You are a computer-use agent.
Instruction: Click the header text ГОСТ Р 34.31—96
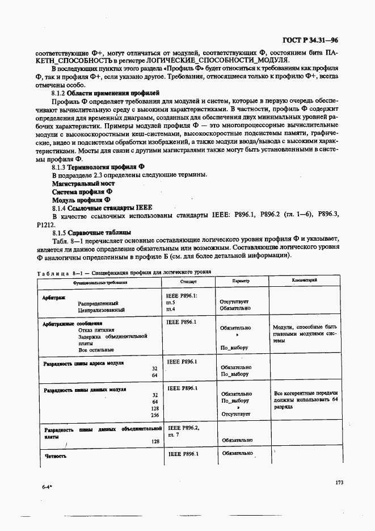click(310, 40)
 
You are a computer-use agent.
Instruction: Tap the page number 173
click(339, 483)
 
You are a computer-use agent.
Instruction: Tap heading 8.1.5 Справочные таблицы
click(92, 233)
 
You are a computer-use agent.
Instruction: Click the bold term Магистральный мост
click(83, 184)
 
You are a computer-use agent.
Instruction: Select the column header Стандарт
click(188, 281)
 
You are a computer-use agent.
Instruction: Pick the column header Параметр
click(241, 281)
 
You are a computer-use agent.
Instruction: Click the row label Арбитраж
click(54, 297)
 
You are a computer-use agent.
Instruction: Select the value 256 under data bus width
click(154, 415)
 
